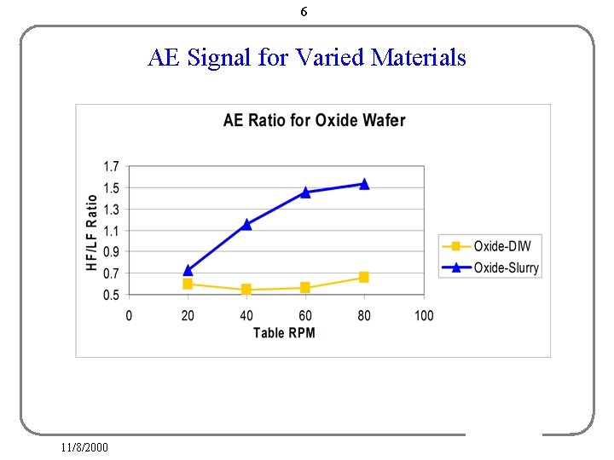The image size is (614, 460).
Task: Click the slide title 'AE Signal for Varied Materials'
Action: point(307,58)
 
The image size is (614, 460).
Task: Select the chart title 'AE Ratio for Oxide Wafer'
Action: point(314,120)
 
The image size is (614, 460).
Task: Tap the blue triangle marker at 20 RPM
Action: point(188,270)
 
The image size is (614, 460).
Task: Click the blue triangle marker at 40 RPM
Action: point(246,225)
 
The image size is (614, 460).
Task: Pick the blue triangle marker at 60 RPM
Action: point(305,193)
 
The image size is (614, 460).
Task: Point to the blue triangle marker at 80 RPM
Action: point(364,184)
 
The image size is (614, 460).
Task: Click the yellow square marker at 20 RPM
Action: point(188,284)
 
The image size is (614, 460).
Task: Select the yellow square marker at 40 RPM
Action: point(246,290)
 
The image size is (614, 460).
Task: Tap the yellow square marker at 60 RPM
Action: point(305,288)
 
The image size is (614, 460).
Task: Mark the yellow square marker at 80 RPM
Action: point(364,277)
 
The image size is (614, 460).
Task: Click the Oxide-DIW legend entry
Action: point(490,246)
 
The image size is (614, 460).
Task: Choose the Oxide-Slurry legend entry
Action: point(490,267)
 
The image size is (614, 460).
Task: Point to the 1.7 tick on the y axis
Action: point(111,166)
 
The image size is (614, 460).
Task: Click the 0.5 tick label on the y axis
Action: point(111,295)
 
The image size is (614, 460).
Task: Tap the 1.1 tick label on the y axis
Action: point(111,231)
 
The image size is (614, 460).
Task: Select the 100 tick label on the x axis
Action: point(424,315)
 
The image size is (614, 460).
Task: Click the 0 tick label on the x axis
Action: point(129,315)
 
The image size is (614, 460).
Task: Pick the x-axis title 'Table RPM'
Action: point(284,332)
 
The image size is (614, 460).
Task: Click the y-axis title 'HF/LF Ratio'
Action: point(92,233)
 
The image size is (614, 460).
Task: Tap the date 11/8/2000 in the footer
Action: point(84,447)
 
